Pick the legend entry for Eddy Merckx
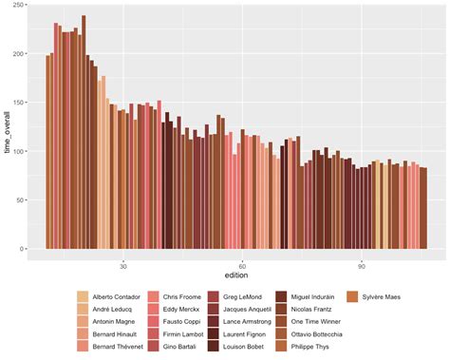[182, 310]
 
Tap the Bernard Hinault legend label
[116, 334]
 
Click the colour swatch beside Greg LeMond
[215, 297]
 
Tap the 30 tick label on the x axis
[123, 266]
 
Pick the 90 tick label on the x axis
[362, 266]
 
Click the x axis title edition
[235, 276]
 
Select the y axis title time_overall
[8, 132]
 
